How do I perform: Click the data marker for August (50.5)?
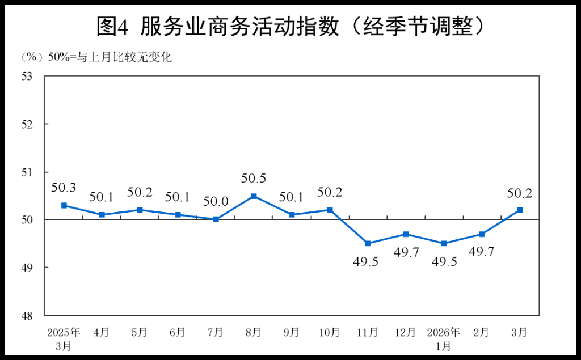pyautogui.click(x=254, y=196)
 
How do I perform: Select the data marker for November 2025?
pyautogui.click(x=368, y=243)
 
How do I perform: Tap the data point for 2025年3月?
pyautogui.click(x=64, y=205)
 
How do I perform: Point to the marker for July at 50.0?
pyautogui.click(x=216, y=219)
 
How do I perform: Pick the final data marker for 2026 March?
pyautogui.click(x=519, y=210)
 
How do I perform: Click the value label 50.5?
pyautogui.click(x=254, y=179)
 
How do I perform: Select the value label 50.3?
pyautogui.click(x=64, y=188)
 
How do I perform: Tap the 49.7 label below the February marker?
pyautogui.click(x=482, y=252)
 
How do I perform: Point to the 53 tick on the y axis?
pyautogui.click(x=28, y=76)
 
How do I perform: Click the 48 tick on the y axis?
pyautogui.click(x=28, y=315)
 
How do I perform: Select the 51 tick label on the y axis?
pyautogui.click(x=28, y=172)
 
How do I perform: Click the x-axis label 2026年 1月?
pyautogui.click(x=444, y=338)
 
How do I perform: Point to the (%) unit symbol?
pyautogui.click(x=32, y=57)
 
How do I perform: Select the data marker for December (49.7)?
pyautogui.click(x=406, y=234)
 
